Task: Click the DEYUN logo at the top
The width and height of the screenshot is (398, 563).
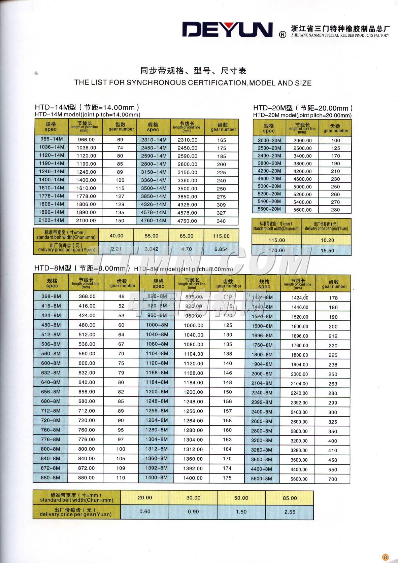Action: click(x=227, y=30)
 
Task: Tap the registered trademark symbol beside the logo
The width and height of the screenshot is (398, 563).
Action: click(x=283, y=34)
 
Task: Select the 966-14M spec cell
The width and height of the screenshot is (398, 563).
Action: click(x=51, y=139)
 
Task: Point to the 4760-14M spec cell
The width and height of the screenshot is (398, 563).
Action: click(x=154, y=221)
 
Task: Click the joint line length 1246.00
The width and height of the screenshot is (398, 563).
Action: click(x=86, y=172)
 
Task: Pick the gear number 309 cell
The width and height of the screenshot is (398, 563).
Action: click(x=221, y=205)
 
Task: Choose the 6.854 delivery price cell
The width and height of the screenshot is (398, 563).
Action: click(x=221, y=249)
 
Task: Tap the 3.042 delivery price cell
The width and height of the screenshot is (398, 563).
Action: click(x=151, y=249)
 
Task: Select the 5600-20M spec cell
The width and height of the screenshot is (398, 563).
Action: click(x=269, y=209)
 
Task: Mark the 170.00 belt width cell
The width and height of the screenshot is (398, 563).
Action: click(x=277, y=250)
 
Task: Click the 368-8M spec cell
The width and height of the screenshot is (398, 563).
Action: click(x=51, y=296)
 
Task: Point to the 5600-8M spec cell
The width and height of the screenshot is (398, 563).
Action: click(x=262, y=479)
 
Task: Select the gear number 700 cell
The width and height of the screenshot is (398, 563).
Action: click(x=332, y=479)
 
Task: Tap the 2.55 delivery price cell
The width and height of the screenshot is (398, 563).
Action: click(x=290, y=512)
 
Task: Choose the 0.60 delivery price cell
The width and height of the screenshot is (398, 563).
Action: click(x=145, y=512)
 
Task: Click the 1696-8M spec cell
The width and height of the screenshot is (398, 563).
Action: click(x=262, y=336)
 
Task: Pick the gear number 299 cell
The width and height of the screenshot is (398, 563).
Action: click(x=332, y=402)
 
